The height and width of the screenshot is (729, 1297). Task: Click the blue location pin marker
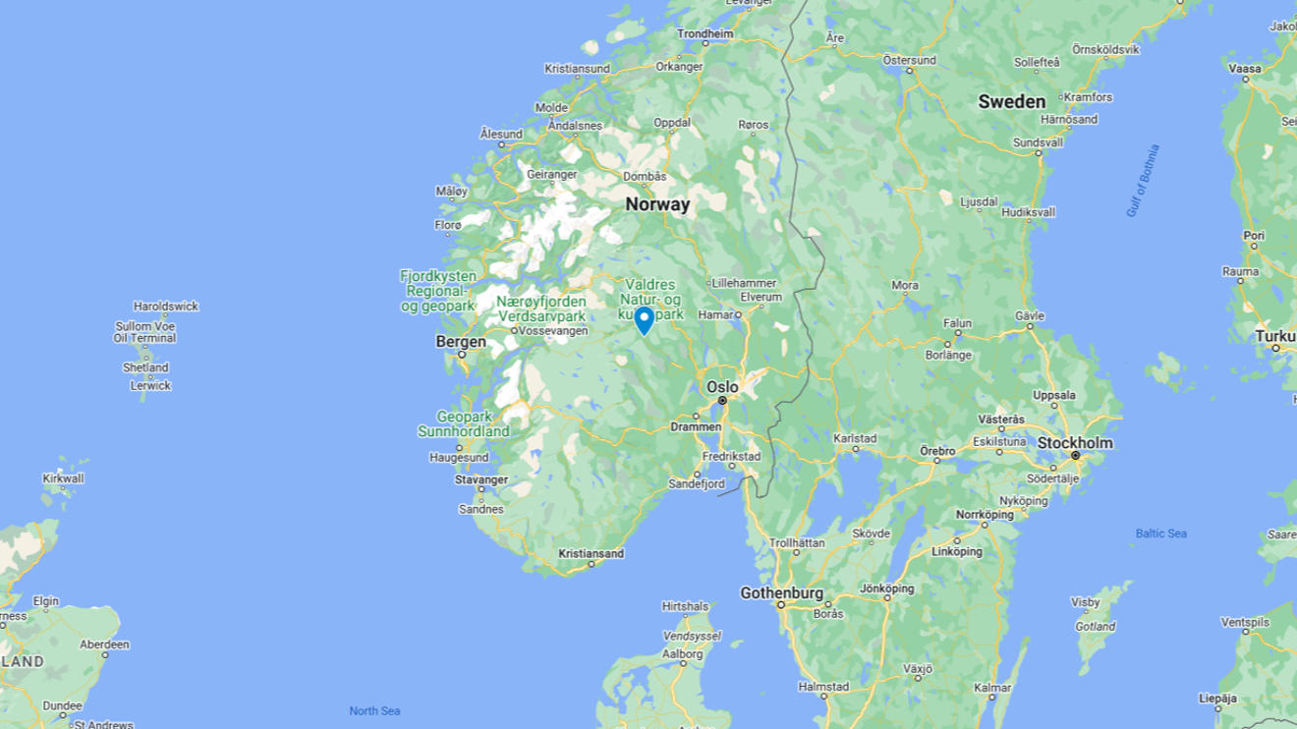tap(644, 319)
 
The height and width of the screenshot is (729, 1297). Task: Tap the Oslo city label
tap(722, 387)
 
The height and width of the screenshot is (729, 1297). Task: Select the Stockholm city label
tap(1075, 443)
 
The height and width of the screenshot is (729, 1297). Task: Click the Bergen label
tap(461, 342)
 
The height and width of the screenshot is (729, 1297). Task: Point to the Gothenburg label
tap(781, 593)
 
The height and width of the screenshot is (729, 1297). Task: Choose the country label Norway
tap(657, 205)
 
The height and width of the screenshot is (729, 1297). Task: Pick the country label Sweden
tap(1011, 102)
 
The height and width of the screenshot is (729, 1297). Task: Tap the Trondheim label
tap(705, 33)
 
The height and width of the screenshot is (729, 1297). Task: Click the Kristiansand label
tap(591, 554)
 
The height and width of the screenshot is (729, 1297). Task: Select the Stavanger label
tap(481, 479)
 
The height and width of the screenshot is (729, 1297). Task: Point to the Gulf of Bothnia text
tap(1143, 181)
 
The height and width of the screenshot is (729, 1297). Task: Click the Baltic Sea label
tap(1160, 533)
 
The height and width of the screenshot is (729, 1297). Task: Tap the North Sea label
tap(374, 710)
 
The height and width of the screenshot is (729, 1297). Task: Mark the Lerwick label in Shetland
tap(150, 385)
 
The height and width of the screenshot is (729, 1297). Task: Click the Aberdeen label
tap(104, 645)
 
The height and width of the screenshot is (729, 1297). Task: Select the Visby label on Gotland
tap(1085, 602)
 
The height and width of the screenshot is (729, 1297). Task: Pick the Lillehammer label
tap(744, 283)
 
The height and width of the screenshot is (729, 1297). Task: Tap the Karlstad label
tap(855, 438)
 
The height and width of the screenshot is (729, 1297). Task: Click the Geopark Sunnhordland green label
tap(464, 423)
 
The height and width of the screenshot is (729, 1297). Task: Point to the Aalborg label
tap(682, 653)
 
